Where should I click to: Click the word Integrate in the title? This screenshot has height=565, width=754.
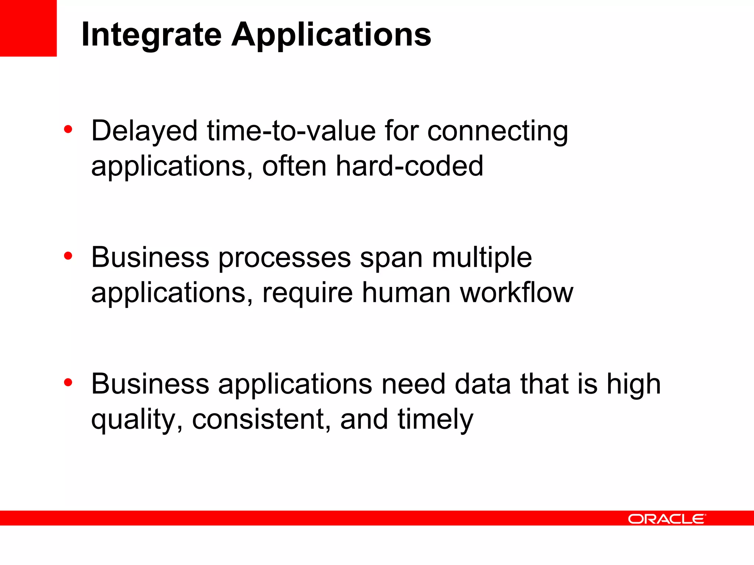click(x=151, y=35)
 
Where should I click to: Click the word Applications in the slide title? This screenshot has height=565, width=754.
click(x=331, y=35)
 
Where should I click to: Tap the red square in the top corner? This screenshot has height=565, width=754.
click(x=28, y=28)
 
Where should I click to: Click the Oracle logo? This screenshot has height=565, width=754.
click(x=667, y=519)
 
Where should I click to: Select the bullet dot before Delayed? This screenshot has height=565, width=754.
click(x=68, y=129)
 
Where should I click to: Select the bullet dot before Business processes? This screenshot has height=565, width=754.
click(x=68, y=256)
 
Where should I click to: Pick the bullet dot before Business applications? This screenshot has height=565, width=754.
click(x=68, y=383)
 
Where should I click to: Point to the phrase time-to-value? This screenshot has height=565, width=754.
click(x=291, y=131)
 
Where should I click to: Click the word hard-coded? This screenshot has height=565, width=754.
click(x=409, y=166)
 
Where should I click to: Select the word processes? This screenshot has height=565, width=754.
click(x=285, y=258)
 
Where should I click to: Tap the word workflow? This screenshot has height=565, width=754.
click(x=517, y=293)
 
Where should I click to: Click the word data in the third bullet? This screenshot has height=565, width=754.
click(x=483, y=384)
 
